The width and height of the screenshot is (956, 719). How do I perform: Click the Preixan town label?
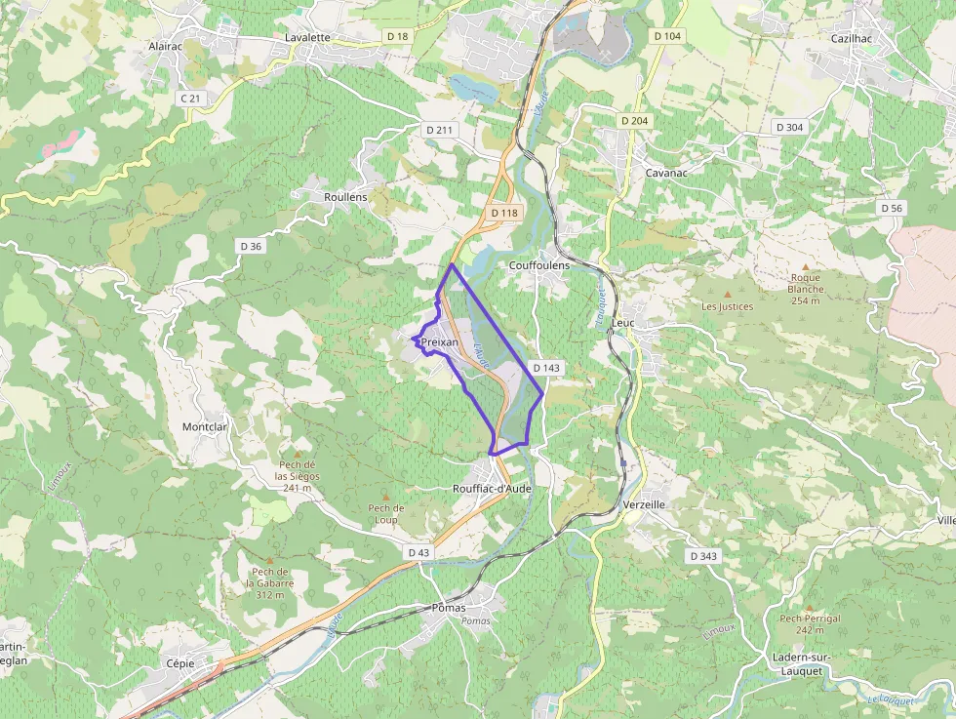[439, 342]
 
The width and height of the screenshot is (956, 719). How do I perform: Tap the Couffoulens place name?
[539, 265]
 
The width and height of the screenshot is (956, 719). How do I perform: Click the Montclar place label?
[205, 427]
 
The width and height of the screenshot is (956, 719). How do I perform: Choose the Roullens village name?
[345, 197]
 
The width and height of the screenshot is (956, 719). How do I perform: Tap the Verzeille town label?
[644, 505]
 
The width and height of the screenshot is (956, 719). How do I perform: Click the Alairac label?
[165, 46]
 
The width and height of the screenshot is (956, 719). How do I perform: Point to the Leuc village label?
[622, 322]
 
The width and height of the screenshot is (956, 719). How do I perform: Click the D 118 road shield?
[504, 213]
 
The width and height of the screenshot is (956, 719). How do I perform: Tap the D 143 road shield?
[547, 368]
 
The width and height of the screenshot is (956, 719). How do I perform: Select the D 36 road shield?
[251, 246]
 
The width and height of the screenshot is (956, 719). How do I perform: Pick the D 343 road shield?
[702, 556]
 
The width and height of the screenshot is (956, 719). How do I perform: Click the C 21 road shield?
[191, 99]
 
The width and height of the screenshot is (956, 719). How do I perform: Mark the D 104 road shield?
[667, 35]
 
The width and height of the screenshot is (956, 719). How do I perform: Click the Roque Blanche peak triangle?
[805, 266]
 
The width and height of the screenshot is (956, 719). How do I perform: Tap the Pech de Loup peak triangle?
[385, 497]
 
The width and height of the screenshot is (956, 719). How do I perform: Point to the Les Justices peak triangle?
[727, 294]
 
